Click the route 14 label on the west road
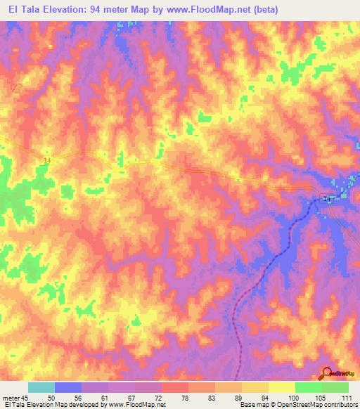coord(47,161)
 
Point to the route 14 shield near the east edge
coord(327,200)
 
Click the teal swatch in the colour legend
coord(41,387)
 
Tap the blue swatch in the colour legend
coord(68,387)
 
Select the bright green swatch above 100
coord(308,387)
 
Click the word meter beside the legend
coord(12,398)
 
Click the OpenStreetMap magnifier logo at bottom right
coord(327,373)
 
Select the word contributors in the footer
coord(341,405)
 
